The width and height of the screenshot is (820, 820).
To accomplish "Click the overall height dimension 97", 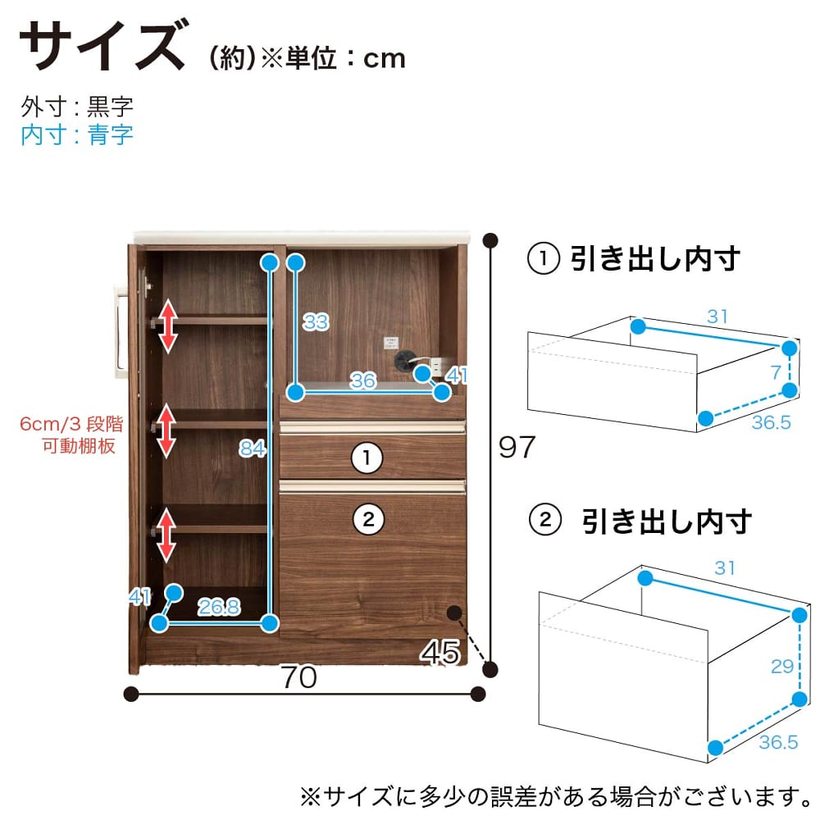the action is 517,447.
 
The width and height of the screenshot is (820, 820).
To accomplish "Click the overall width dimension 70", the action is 298,676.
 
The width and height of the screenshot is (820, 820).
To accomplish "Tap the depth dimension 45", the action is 440,652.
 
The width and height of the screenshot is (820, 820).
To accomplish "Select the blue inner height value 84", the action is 252,449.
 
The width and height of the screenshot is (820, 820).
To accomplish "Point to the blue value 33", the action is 316,321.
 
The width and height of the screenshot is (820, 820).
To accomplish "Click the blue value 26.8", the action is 219,607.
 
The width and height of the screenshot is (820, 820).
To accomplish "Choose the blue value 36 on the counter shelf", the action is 362,380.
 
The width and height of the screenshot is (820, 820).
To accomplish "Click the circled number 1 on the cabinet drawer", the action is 367,458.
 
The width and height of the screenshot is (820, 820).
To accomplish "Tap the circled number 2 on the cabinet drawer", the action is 369,519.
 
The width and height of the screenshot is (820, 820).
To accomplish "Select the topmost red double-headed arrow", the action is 168,326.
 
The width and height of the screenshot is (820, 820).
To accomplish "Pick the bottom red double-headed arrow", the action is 166,535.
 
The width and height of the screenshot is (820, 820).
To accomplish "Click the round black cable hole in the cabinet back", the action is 403,360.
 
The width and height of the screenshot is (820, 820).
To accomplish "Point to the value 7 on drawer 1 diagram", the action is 776,372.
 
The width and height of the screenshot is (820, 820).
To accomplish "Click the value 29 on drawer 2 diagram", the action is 782,666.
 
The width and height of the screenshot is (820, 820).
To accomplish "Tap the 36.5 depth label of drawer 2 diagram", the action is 779,742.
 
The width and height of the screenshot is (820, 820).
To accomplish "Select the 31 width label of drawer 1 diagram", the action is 717,317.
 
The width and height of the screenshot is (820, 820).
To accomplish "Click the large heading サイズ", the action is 103,45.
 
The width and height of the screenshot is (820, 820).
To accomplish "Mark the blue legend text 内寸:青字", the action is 77,135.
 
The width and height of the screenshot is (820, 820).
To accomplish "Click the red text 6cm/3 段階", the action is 71,424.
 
